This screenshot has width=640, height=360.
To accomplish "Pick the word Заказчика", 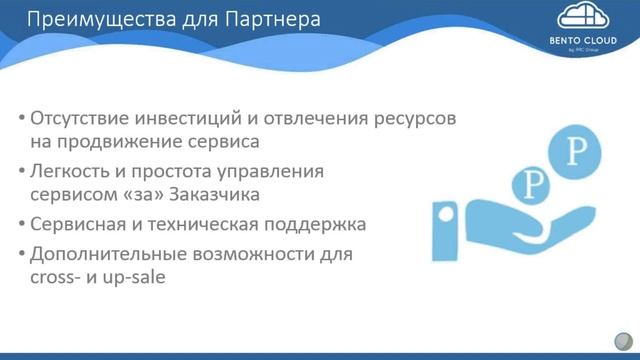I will (222, 195).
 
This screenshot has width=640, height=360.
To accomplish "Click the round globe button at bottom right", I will (621, 340).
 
